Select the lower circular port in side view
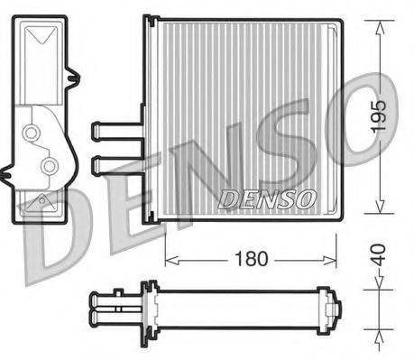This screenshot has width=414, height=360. [45, 165]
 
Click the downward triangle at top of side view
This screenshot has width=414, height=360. [42, 38]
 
